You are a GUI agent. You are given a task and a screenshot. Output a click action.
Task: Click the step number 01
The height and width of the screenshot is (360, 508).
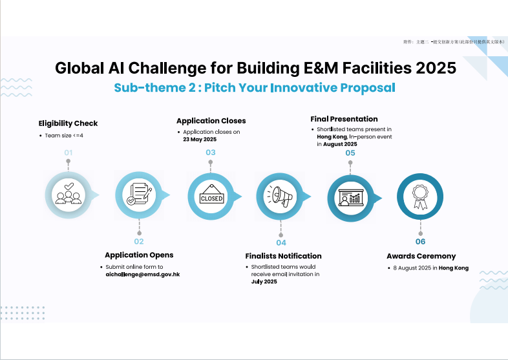click(68, 153)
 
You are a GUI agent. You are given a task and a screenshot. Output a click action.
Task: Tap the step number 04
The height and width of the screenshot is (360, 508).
click(281, 243)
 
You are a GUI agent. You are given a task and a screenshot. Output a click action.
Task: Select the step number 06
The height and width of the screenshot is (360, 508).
click(420, 242)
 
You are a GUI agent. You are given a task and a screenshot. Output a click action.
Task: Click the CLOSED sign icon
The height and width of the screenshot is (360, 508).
click(211, 195)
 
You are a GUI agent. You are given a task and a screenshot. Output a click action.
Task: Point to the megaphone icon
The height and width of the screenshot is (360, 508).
click(280, 196)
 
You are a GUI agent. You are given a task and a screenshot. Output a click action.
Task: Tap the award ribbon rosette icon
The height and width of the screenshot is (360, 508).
click(420, 197)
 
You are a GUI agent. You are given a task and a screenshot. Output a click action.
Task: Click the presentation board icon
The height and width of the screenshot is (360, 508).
click(351, 198)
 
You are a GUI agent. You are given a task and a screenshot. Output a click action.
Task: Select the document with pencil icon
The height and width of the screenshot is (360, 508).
click(140, 194)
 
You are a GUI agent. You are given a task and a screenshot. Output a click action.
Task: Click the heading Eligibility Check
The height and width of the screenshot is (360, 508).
click(68, 123)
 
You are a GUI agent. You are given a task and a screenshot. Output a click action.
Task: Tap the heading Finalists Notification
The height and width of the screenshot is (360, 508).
click(284, 256)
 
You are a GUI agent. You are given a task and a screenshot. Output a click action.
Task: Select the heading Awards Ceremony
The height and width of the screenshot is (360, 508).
click(421, 257)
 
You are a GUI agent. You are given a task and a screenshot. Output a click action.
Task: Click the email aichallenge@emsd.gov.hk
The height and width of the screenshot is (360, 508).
click(143, 275)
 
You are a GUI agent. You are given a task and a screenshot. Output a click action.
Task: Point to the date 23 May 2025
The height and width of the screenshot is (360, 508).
click(200, 140)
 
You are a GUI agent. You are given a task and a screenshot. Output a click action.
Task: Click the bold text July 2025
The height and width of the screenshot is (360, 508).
click(264, 282)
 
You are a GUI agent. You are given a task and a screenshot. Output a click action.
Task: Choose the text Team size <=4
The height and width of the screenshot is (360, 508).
click(64, 136)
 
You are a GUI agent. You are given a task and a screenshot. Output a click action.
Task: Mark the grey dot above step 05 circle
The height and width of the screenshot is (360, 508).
click(350, 163)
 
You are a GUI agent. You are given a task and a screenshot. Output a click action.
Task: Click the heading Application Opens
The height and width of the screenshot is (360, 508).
click(139, 255)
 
